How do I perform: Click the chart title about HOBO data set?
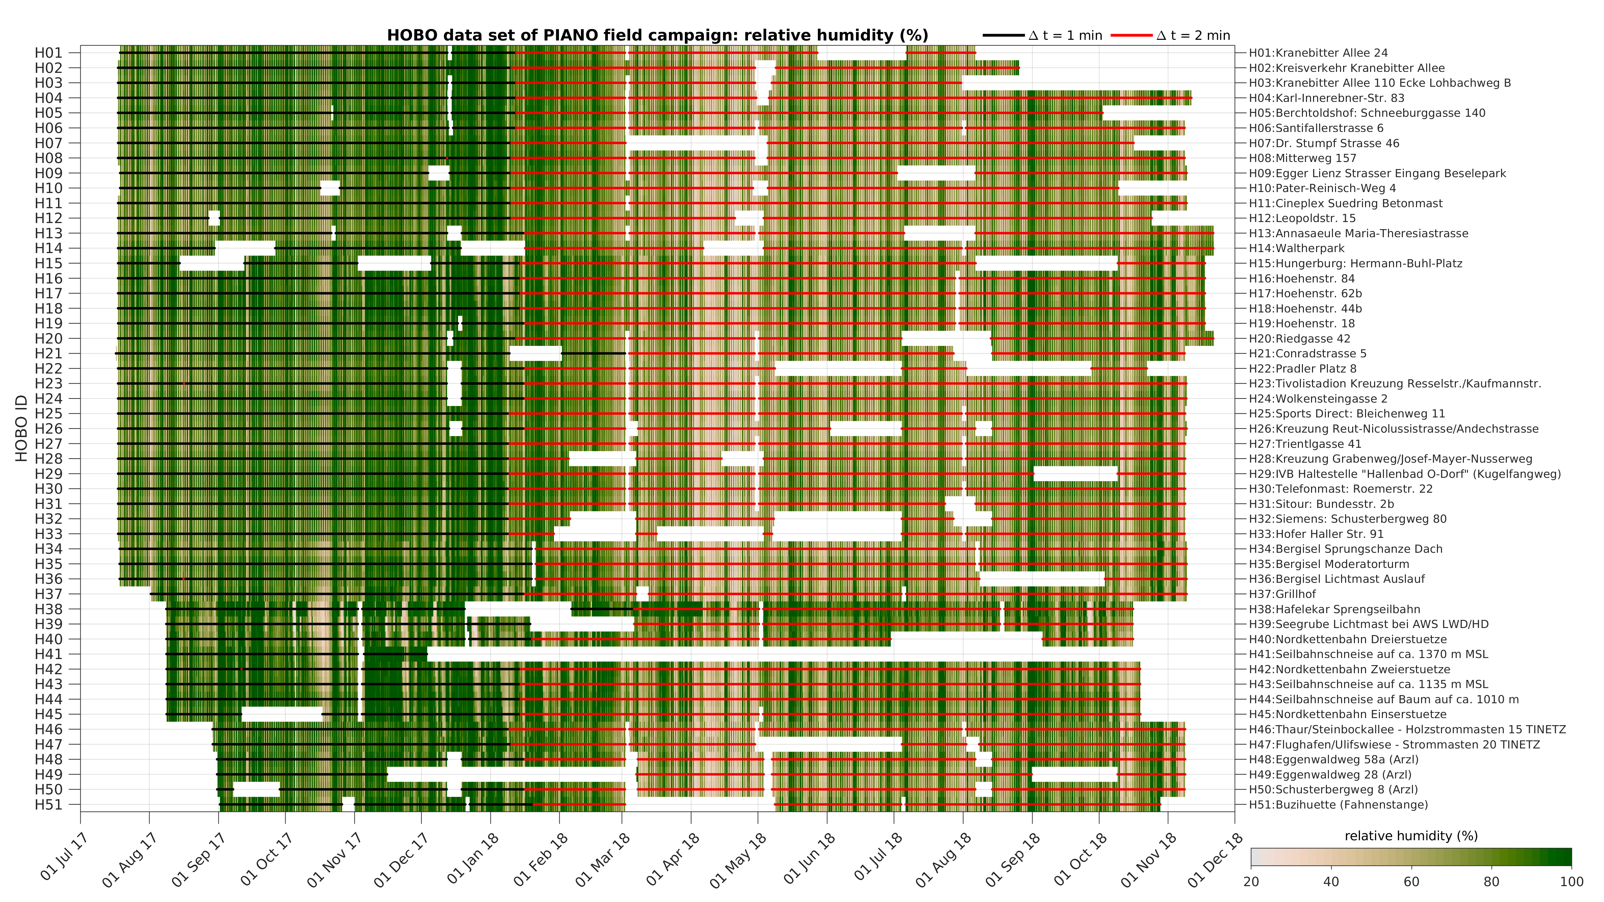tap(657, 35)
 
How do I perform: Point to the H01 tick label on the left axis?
tap(49, 53)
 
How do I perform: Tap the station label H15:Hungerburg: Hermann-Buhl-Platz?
tap(1356, 263)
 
